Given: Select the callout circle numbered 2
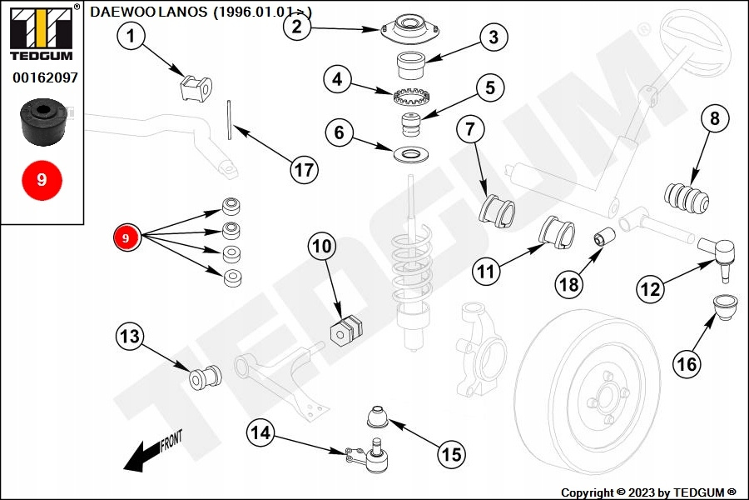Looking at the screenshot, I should [x=297, y=26].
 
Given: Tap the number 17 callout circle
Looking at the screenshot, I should [x=305, y=170].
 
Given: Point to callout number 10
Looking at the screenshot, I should [x=322, y=247].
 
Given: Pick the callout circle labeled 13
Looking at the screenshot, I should [x=130, y=337].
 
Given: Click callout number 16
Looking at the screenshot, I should [x=687, y=363].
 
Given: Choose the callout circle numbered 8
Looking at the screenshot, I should [x=714, y=118].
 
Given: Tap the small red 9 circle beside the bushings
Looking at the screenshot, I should [x=126, y=238].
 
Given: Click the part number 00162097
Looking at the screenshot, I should [x=45, y=77].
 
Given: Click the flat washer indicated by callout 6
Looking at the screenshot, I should [x=409, y=155].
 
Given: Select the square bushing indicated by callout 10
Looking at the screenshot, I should [x=347, y=329].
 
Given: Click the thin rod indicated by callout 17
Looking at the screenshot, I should [x=229, y=122].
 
